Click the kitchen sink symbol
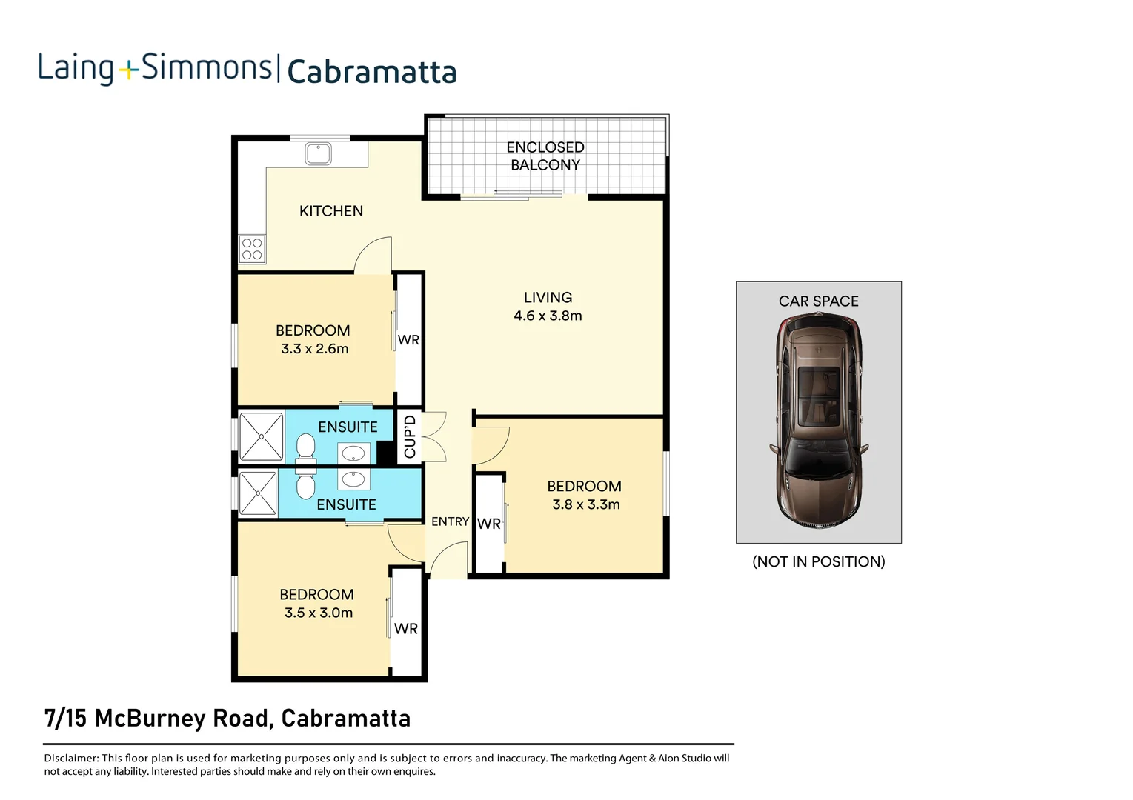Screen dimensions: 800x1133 pos(319,153)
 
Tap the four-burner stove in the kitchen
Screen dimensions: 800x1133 pos(252,249)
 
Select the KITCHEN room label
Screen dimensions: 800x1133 pos(330,211)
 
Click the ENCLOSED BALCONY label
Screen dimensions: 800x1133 pos(545,156)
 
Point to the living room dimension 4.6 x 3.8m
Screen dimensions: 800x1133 pos(548,316)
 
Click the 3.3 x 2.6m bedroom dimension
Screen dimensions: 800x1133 pos(314,349)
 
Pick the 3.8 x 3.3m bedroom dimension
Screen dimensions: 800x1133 pos(585,504)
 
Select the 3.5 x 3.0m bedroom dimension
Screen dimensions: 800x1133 pos(318,613)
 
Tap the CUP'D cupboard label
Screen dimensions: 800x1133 pos(410,436)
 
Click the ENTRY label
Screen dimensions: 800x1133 pos(450,521)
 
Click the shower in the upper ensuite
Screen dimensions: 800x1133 pos(261,437)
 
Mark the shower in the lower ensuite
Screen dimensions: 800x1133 pos(257,493)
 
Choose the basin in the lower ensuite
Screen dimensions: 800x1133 pos(353,479)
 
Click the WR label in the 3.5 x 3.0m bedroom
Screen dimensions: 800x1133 pos(405,629)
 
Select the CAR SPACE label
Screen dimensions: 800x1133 pos(818,301)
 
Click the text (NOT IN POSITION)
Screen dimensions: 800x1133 pos(818,561)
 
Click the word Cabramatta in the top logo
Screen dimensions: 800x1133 pos(371,73)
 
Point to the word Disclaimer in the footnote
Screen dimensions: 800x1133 pos(70,758)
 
